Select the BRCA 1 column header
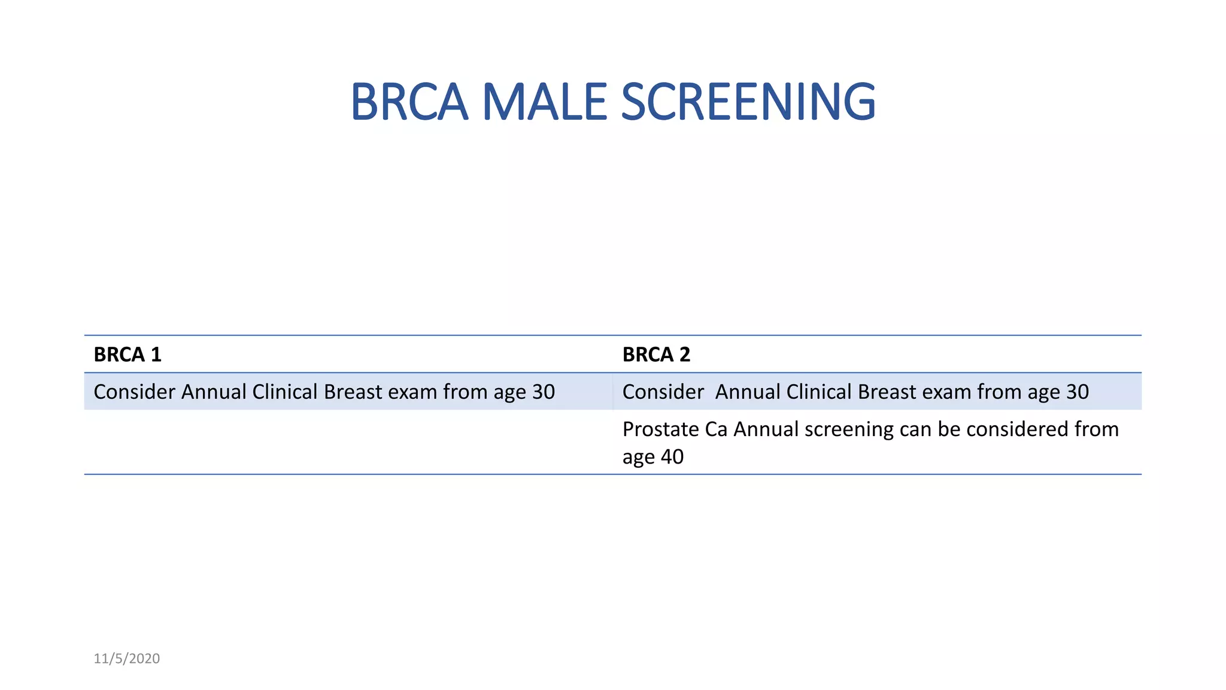click(128, 355)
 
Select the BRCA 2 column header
click(656, 355)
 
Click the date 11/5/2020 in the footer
click(127, 659)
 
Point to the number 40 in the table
click(672, 457)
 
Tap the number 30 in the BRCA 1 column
click(544, 392)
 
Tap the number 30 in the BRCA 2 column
click(1078, 392)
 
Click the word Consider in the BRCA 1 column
click(135, 392)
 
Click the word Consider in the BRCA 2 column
click(663, 392)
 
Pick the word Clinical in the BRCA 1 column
click(285, 392)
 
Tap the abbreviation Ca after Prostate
click(717, 429)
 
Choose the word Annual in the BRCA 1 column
click(214, 392)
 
